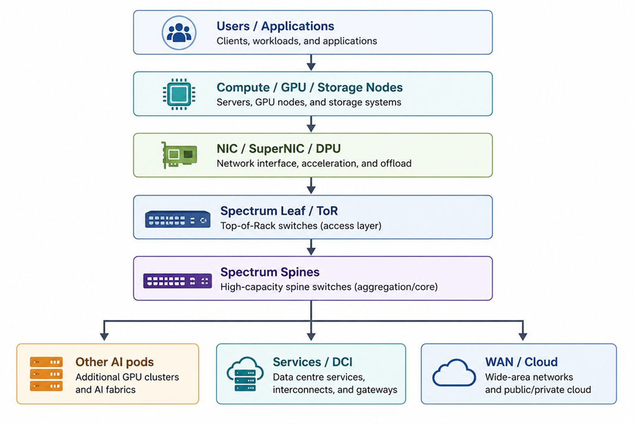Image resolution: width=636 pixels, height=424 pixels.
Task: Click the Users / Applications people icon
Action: [x=179, y=33]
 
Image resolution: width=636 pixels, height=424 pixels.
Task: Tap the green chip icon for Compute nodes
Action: [x=179, y=94]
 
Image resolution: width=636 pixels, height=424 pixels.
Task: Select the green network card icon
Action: [x=179, y=155]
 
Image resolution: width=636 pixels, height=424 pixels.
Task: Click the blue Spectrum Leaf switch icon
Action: [x=178, y=219]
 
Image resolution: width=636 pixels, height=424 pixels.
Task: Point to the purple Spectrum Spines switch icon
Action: [x=178, y=281]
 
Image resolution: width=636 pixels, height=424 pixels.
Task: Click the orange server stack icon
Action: [x=46, y=374]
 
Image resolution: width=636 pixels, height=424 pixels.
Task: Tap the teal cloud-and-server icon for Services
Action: [x=245, y=374]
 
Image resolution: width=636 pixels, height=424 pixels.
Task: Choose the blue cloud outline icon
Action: [x=454, y=372]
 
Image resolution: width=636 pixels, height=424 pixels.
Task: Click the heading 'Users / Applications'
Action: [x=275, y=26]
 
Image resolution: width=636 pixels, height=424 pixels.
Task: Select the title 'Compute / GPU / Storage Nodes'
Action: [x=309, y=87]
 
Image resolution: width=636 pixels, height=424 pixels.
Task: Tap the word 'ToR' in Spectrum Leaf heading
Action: [x=327, y=211]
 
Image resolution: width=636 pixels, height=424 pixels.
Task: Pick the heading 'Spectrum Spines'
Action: [x=270, y=272]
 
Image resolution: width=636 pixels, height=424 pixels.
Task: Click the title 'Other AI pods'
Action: [x=114, y=361]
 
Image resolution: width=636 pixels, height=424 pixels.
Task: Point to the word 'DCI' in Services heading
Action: [x=342, y=361]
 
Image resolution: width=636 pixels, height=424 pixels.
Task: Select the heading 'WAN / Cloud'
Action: [x=521, y=361]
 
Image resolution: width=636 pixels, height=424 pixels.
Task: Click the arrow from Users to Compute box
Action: [x=311, y=63]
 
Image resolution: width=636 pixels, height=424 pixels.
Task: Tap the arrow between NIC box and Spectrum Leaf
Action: [x=311, y=186]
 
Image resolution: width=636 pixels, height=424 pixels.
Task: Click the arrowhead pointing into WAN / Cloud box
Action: [x=523, y=336]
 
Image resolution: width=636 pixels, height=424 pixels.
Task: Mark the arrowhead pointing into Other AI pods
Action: [x=104, y=336]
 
